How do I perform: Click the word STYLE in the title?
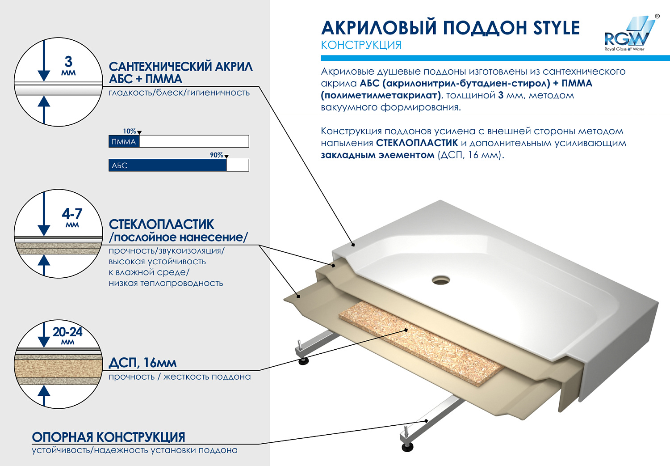point(556,28)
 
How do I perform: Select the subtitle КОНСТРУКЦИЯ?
point(361,45)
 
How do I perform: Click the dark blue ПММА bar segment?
point(124,142)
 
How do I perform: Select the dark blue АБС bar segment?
point(167,165)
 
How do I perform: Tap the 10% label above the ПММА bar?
point(130,131)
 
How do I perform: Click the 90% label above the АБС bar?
point(217,155)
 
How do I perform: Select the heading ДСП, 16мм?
point(142,363)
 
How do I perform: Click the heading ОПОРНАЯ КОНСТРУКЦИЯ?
point(108,437)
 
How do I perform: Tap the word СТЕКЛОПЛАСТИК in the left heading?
point(161,224)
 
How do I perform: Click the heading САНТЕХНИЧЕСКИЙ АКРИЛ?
point(180,67)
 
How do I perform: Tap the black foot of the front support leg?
point(407,446)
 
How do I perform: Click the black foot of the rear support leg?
point(303,360)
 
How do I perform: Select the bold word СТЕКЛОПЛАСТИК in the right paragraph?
point(417,143)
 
